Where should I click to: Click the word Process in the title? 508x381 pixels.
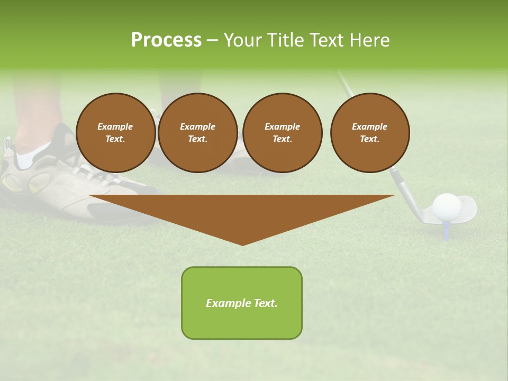[x=166, y=40]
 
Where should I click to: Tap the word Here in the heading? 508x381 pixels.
[x=370, y=40]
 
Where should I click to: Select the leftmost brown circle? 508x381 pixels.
[x=116, y=133]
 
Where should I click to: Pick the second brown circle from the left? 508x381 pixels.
[x=198, y=133]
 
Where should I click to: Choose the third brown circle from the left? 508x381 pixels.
[x=282, y=133]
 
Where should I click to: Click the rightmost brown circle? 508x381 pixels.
[x=370, y=133]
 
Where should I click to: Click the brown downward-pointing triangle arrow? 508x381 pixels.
[x=242, y=212]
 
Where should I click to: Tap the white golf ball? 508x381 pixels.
[x=446, y=206]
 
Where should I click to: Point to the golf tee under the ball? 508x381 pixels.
[x=447, y=231]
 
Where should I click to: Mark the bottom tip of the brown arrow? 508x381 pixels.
[x=242, y=244]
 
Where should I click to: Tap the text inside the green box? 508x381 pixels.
[x=242, y=303]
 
